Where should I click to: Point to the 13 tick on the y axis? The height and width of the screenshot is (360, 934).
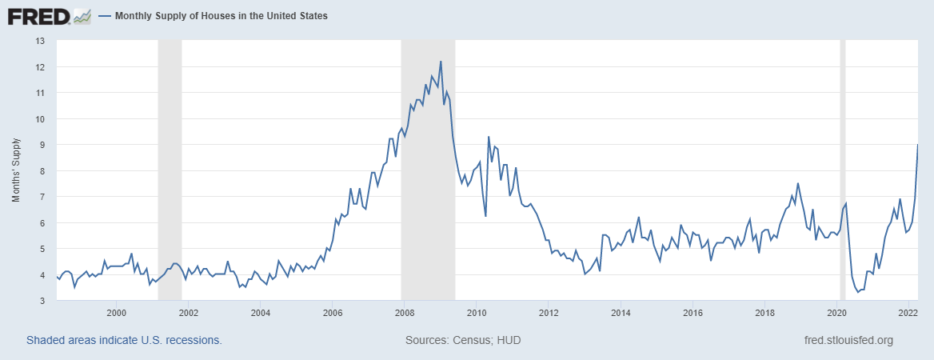click(40, 41)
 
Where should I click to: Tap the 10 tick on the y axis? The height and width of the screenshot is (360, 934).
click(40, 118)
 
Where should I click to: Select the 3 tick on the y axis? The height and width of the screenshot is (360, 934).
click(42, 300)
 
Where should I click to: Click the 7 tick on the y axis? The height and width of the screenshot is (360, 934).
click(42, 197)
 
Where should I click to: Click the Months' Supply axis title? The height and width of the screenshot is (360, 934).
click(16, 171)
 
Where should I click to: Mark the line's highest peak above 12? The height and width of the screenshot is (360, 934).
click(441, 62)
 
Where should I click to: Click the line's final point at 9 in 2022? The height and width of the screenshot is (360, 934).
click(917, 145)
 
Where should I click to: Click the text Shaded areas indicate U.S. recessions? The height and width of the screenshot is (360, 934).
click(124, 340)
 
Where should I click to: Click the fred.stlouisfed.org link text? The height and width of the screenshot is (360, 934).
click(848, 340)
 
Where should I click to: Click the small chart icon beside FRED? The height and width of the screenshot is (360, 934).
click(82, 15)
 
